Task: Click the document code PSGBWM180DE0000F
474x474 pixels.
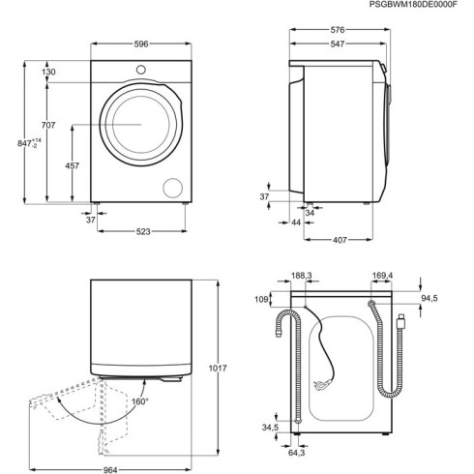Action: click(x=418, y=6)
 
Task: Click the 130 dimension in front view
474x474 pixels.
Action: click(x=48, y=73)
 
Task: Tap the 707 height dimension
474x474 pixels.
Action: click(x=48, y=126)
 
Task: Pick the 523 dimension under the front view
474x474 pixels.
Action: click(x=141, y=232)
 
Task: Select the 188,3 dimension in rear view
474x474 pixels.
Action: click(x=301, y=277)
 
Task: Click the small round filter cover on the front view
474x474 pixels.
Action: click(x=173, y=187)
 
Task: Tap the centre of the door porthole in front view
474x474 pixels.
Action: click(x=135, y=123)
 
